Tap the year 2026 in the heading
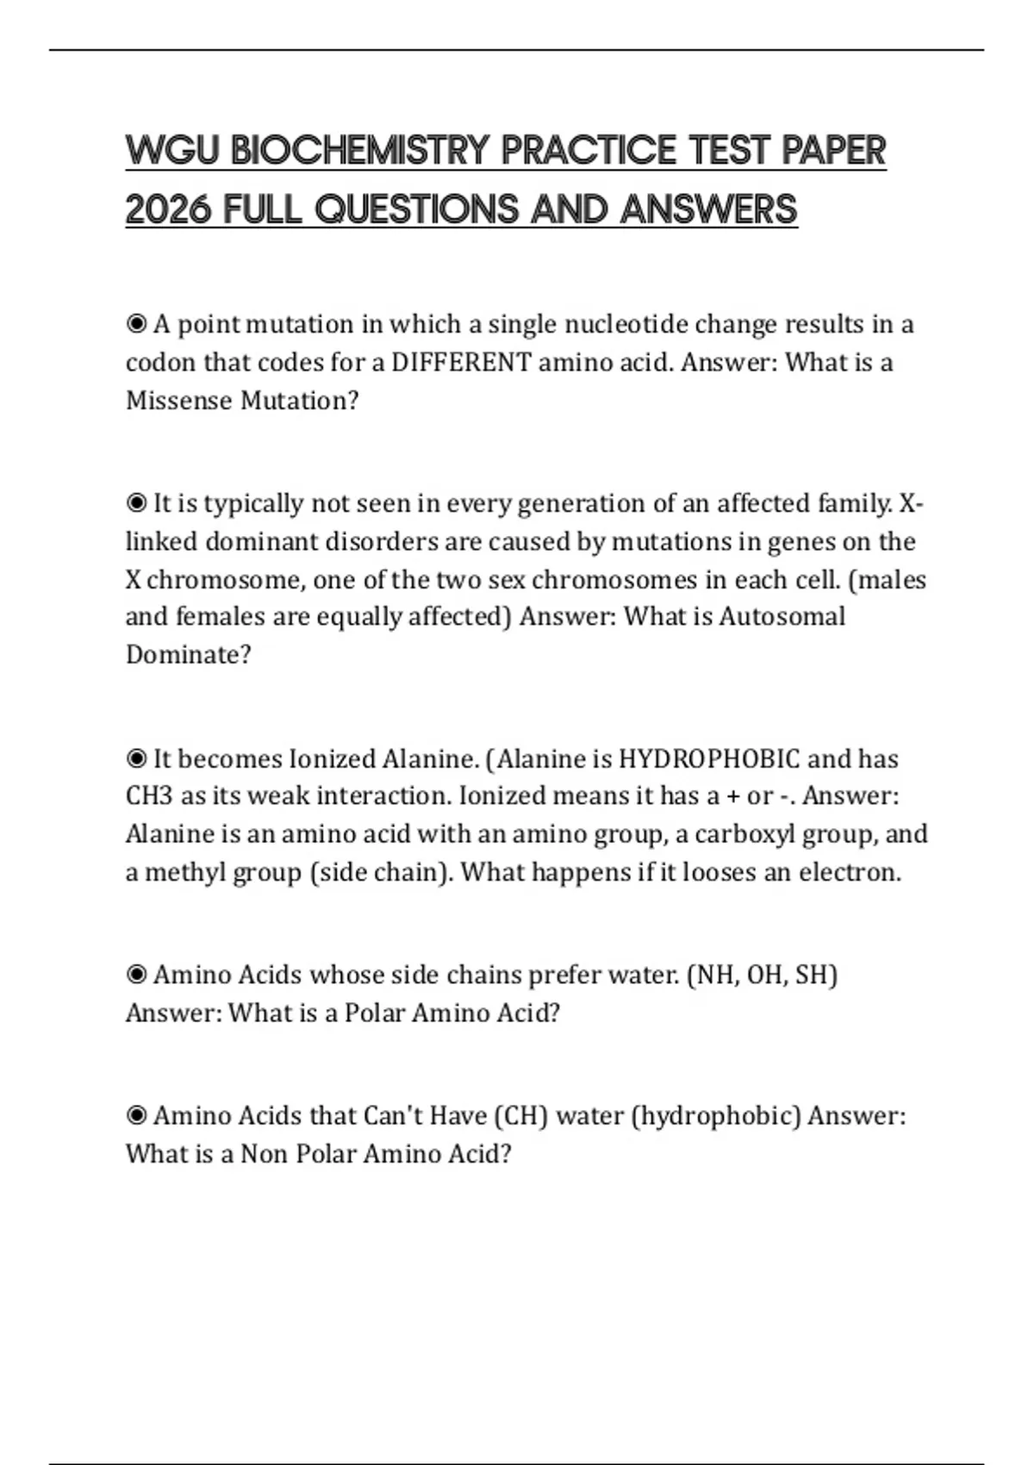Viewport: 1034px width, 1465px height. point(168,209)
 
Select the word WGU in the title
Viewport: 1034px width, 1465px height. point(172,152)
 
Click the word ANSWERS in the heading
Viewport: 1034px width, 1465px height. point(708,209)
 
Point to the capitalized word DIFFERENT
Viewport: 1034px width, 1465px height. point(461,362)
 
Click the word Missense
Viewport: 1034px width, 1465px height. point(179,401)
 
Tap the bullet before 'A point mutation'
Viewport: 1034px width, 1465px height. point(136,325)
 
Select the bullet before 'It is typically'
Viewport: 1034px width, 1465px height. point(136,503)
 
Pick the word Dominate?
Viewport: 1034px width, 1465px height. point(189,655)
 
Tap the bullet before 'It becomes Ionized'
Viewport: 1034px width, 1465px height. point(136,759)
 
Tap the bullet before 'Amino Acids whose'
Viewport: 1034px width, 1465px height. point(136,976)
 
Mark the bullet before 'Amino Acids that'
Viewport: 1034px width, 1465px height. point(136,1117)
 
